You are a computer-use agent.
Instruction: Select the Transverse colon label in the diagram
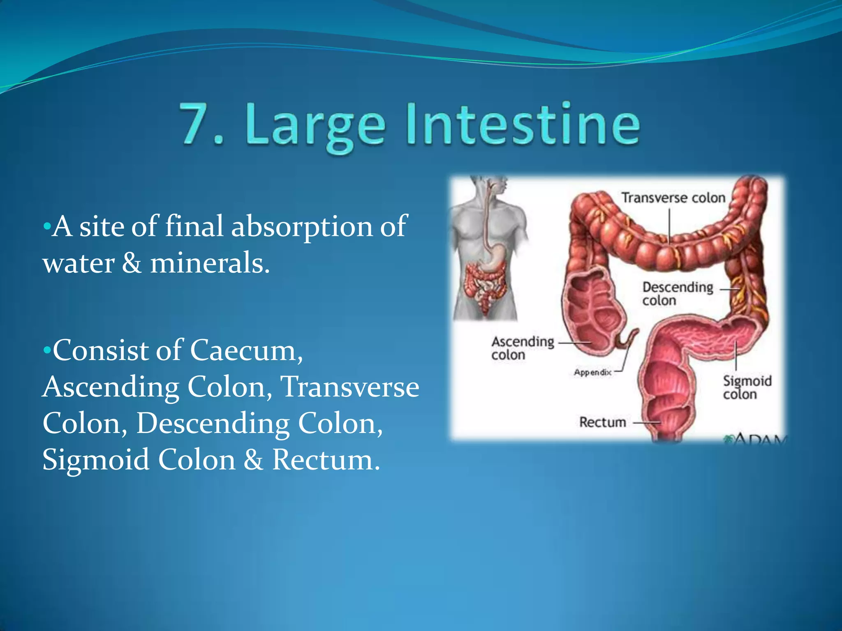673,198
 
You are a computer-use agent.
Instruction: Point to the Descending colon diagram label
678,293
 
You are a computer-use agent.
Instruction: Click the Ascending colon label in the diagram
523,348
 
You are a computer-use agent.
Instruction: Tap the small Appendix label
592,372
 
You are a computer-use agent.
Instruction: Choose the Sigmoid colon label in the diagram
747,387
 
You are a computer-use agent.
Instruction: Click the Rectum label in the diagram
602,422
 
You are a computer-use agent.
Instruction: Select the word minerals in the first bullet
210,263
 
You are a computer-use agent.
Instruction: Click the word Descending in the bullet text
213,423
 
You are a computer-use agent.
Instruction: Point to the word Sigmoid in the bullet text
96,460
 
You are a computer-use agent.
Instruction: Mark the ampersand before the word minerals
132,263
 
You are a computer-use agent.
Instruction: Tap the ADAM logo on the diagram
756,440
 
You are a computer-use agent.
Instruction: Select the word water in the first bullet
79,263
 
